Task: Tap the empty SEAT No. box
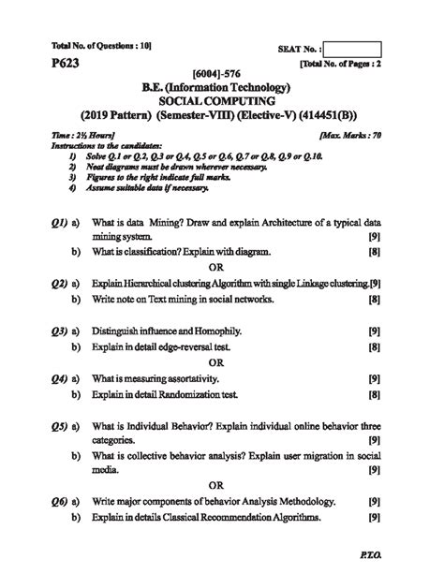coord(354,48)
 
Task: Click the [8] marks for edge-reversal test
coord(374,347)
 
